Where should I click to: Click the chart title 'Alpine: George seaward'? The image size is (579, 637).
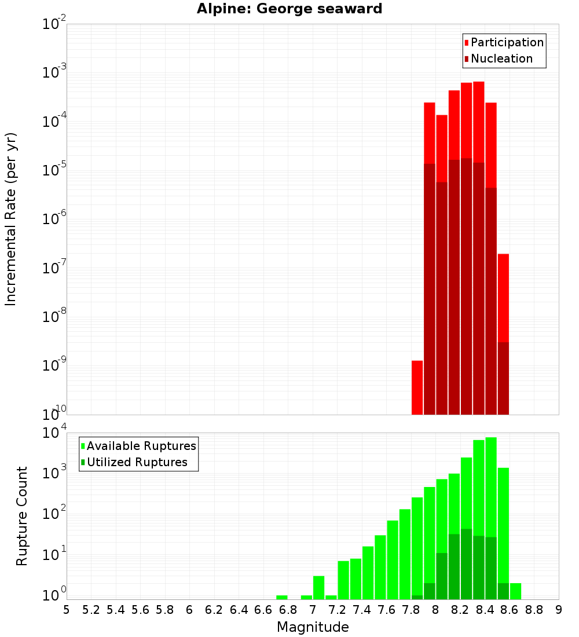tap(289, 9)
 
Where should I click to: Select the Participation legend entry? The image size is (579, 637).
tap(504, 42)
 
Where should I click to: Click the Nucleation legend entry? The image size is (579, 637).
tap(498, 58)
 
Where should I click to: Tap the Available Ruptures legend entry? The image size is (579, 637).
tap(138, 446)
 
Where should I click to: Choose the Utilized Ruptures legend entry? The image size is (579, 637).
tap(134, 462)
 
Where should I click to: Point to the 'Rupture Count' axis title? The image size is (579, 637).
tap(22, 515)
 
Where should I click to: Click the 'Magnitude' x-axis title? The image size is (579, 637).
tap(313, 627)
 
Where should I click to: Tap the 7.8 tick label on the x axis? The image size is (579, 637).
tap(411, 610)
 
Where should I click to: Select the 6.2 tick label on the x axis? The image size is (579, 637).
tap(214, 610)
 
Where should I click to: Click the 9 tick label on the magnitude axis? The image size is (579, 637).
tap(559, 610)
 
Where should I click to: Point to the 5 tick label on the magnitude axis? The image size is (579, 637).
tap(67, 610)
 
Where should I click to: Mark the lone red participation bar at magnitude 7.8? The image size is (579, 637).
tap(417, 387)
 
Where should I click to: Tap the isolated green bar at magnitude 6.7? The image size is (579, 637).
tap(282, 597)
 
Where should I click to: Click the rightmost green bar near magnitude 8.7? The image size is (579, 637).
tap(515, 591)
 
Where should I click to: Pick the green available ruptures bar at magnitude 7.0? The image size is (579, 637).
tap(318, 587)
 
